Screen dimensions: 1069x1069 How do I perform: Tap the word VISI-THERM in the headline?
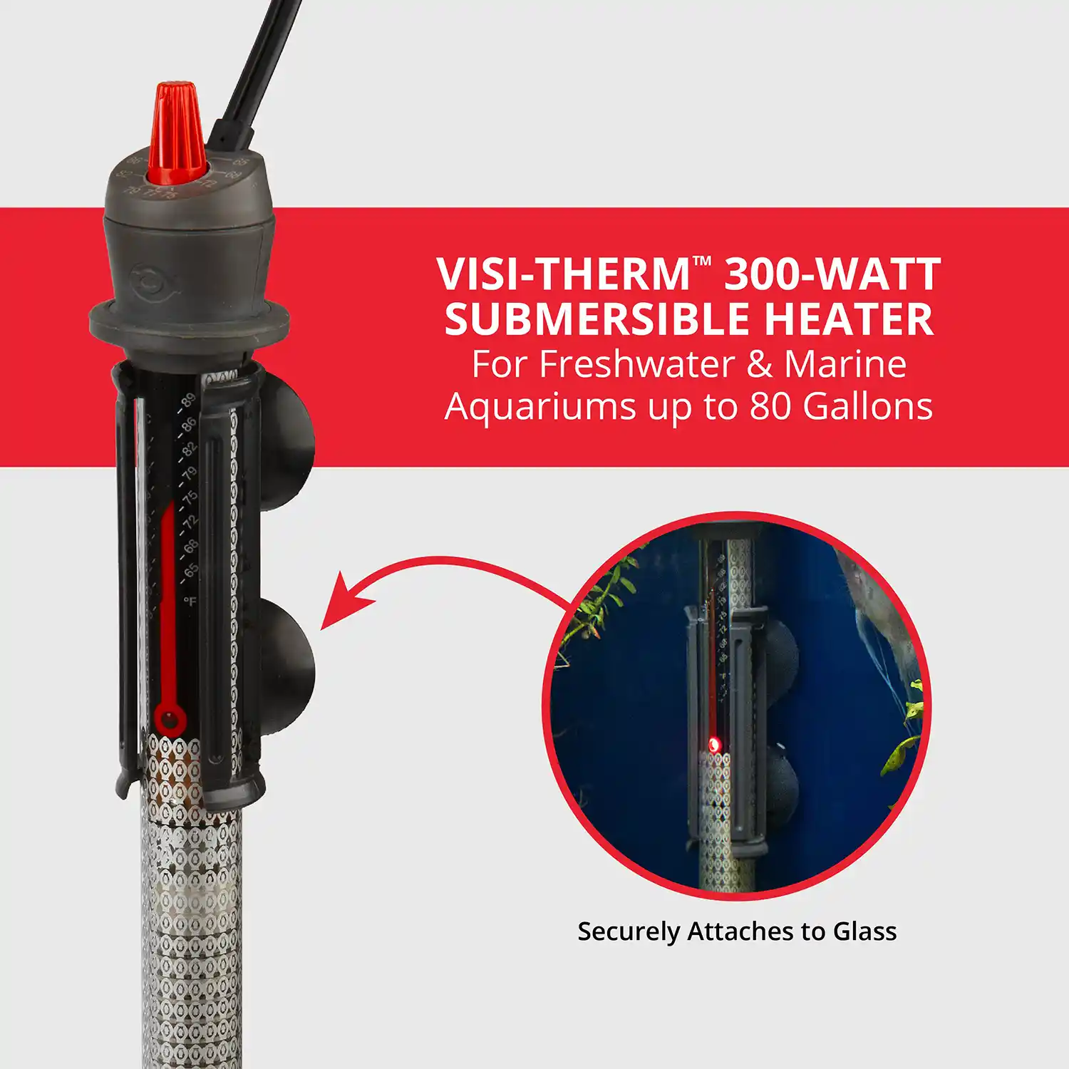(x=563, y=275)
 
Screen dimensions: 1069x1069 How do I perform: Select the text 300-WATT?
(x=832, y=275)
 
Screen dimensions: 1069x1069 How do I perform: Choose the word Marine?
(x=845, y=364)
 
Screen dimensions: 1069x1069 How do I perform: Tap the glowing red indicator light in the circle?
(x=714, y=745)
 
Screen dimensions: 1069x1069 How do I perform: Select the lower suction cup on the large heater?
(x=289, y=666)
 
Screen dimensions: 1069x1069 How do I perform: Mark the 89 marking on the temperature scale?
(x=187, y=401)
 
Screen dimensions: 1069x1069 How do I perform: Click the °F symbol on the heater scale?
(x=190, y=601)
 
